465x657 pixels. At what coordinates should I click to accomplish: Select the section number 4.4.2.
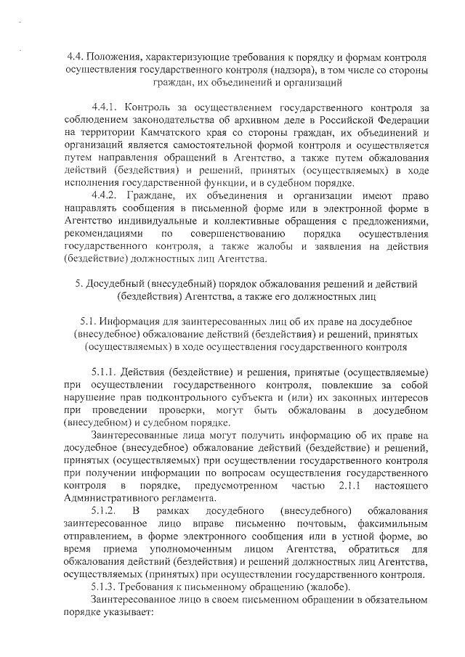pos(107,195)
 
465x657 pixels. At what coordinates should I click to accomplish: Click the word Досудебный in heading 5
pos(125,284)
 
